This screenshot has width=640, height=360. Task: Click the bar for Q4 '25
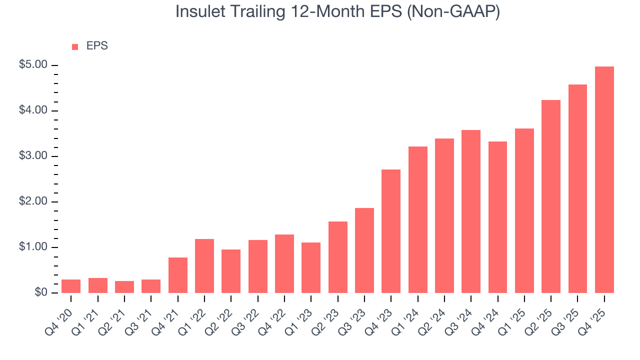(604, 180)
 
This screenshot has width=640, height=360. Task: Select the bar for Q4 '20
(71, 286)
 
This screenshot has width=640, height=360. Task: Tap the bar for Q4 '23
(391, 231)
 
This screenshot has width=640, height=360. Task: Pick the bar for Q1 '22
(204, 266)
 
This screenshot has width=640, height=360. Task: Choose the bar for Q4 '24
(497, 217)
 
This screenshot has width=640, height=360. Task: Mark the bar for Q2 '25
(551, 196)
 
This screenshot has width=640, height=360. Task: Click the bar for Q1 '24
(417, 219)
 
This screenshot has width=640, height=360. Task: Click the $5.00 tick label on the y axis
(33, 65)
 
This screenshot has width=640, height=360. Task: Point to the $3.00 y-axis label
(33, 156)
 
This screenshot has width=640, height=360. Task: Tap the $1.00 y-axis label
(33, 247)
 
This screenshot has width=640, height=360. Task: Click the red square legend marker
(75, 47)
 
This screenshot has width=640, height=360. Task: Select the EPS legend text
(97, 46)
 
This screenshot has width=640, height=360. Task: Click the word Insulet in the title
(201, 12)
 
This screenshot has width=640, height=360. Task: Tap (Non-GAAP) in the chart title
(453, 12)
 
